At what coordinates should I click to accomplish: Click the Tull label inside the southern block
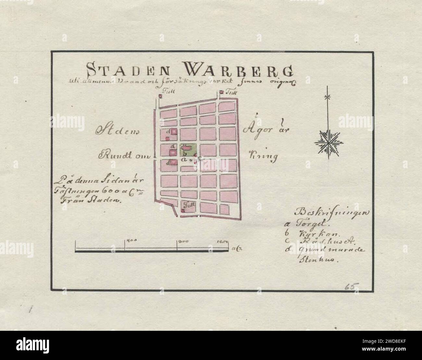click(x=188, y=205)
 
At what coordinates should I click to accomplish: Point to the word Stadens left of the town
click(x=117, y=130)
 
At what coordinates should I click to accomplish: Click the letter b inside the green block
click(x=184, y=153)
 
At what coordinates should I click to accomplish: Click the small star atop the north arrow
click(x=329, y=96)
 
